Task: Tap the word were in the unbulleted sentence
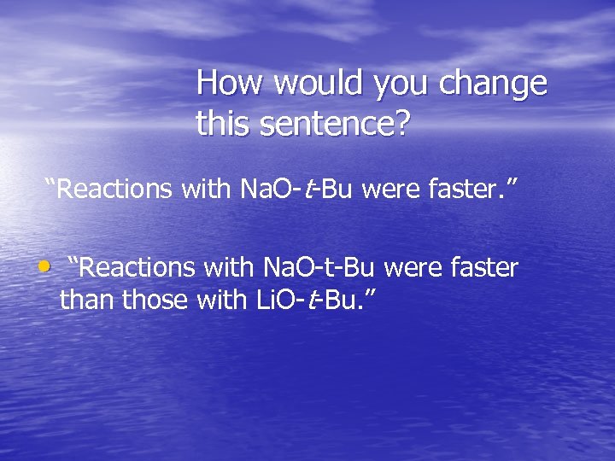point(388,189)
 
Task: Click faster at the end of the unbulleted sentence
point(460,189)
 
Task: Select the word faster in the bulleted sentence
point(484,268)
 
